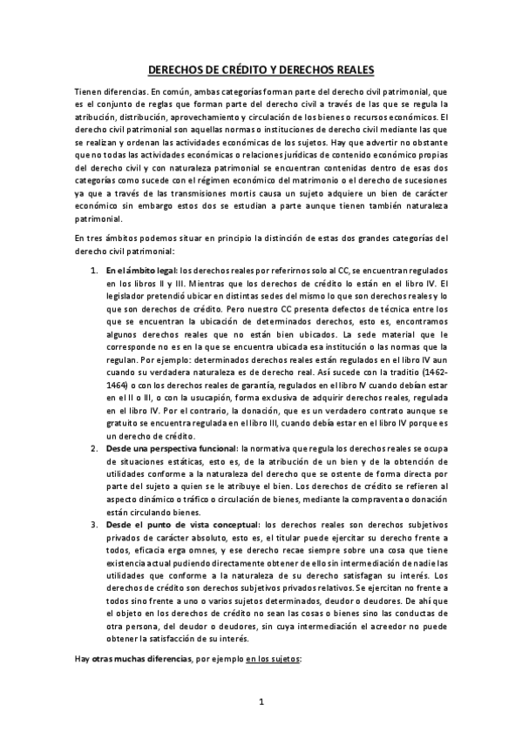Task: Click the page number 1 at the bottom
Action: click(261, 701)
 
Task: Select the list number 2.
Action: click(95, 447)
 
